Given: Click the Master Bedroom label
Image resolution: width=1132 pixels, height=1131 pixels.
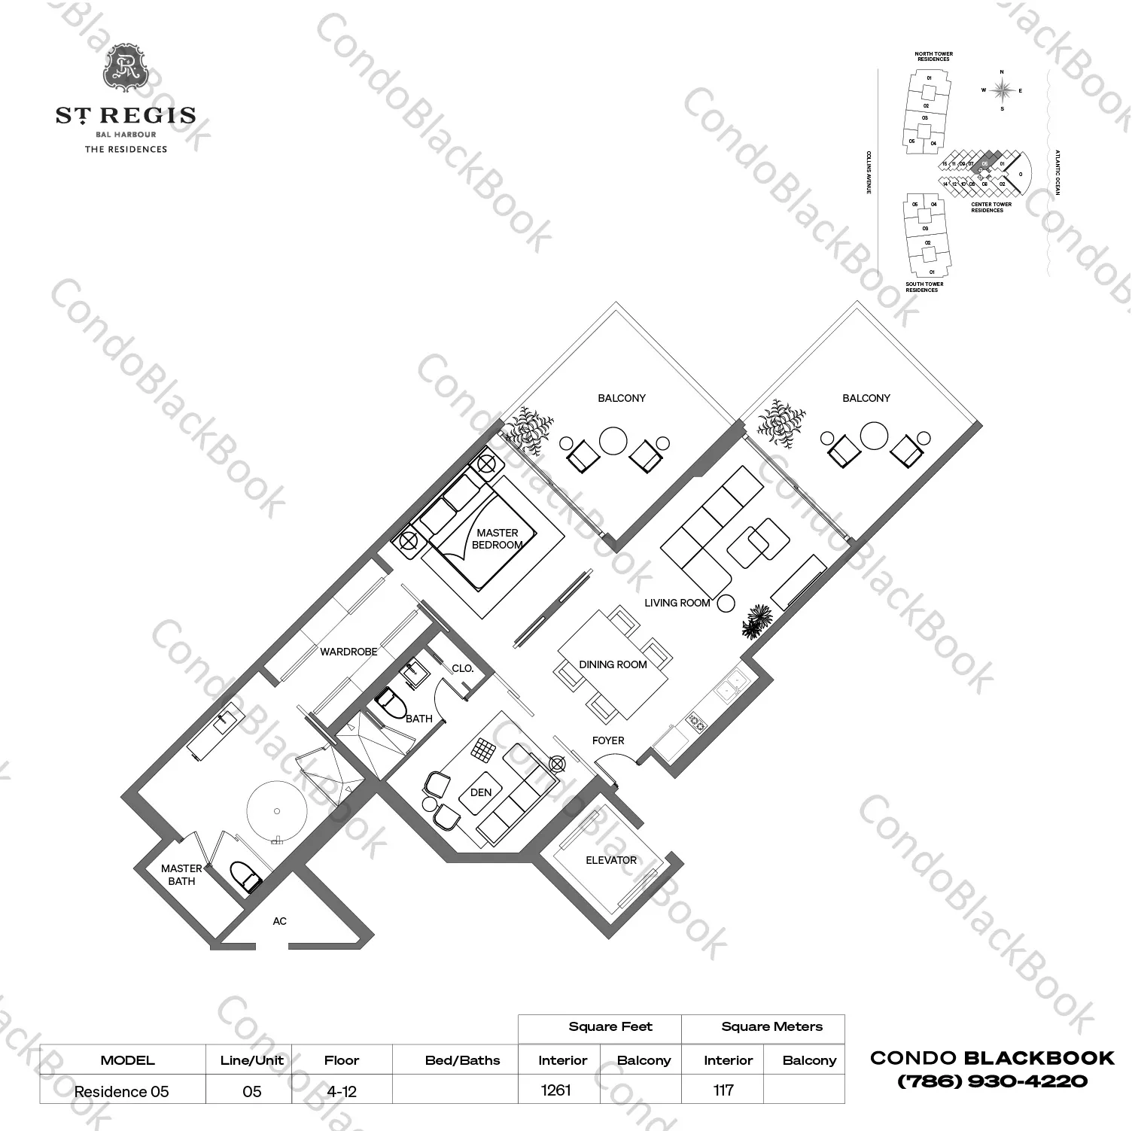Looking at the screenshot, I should [497, 539].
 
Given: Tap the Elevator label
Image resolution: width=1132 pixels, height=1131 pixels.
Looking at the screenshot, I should [611, 860].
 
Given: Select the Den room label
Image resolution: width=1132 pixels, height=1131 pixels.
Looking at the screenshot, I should [481, 792].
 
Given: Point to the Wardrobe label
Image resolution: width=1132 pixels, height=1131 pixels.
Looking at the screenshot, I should [348, 652].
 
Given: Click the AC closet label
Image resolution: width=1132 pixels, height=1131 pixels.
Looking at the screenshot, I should [280, 921].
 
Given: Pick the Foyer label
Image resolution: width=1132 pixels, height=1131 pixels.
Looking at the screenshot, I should [608, 740].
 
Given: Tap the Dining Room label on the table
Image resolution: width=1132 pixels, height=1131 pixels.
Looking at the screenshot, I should [613, 664].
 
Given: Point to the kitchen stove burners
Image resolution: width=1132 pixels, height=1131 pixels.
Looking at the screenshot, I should [696, 725].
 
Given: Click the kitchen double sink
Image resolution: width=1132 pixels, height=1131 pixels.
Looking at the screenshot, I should [730, 686].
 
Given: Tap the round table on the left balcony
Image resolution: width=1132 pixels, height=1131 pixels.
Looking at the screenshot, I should [613, 441].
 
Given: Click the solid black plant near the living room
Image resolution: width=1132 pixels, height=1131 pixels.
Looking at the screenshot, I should [756, 622].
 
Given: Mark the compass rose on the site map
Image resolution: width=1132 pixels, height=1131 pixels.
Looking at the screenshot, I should [1002, 91].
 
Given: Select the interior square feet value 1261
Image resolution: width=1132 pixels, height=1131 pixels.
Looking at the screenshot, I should [556, 1090].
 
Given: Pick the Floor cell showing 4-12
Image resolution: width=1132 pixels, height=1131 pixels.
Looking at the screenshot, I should [341, 1091].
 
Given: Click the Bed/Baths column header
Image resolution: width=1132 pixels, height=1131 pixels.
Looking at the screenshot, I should [462, 1060].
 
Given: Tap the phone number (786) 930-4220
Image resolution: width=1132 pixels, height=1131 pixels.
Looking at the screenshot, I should [992, 1081].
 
